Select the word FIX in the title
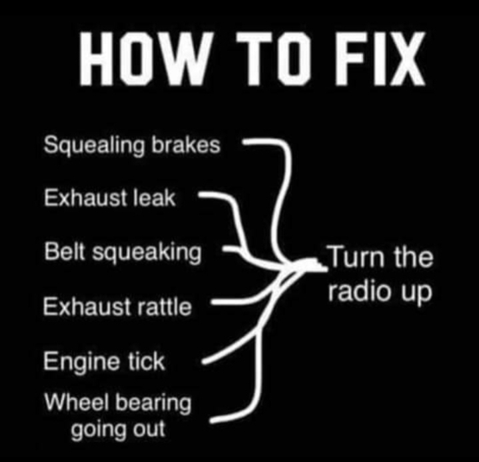pyautogui.click(x=380, y=59)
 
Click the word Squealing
pyautogui.click(x=94, y=145)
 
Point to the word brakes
pyautogui.click(x=186, y=145)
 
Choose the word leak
pyautogui.click(x=155, y=197)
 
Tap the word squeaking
pyautogui.click(x=147, y=253)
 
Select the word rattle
pyautogui.click(x=165, y=307)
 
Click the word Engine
pyautogui.click(x=81, y=362)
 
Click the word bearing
pyautogui.click(x=154, y=403)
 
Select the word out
pyautogui.click(x=149, y=429)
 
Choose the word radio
pyautogui.click(x=360, y=291)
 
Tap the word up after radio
pyautogui.click(x=416, y=293)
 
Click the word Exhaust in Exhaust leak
pyautogui.click(x=84, y=197)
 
